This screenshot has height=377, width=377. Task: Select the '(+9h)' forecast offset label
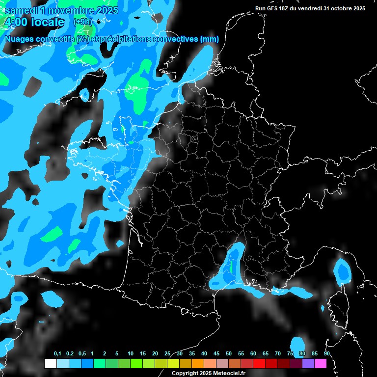tap(82, 22)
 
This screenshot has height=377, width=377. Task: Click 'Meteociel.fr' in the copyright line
tap(224, 374)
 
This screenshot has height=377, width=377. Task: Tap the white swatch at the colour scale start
tap(50, 364)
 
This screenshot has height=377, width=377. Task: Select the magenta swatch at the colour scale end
tap(321, 364)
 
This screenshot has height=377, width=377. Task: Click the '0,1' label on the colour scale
tap(57, 354)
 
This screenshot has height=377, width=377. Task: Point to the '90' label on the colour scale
tap(326, 354)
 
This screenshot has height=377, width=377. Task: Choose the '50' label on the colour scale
tap(229, 354)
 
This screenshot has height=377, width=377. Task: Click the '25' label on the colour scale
tap(167, 354)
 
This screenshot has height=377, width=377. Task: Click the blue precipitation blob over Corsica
tap(342, 270)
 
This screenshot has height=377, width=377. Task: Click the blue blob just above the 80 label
tap(297, 344)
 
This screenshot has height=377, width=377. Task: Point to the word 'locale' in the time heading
tap(47, 22)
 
